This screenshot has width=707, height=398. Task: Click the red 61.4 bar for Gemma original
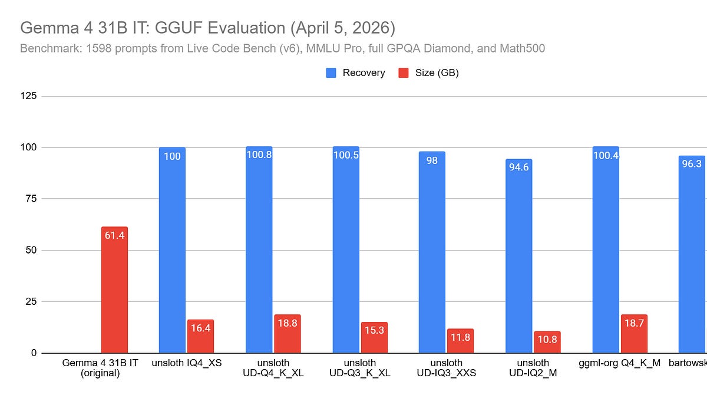pos(114,290)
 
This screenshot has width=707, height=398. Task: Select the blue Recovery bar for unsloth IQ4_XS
pos(172,250)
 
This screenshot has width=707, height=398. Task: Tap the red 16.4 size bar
pos(200,336)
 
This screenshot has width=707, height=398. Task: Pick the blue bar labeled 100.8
pos(259,250)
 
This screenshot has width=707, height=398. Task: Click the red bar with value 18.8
pos(288,334)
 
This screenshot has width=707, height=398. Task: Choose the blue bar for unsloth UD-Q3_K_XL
pos(346,250)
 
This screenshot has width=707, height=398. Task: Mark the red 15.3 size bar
pos(374,337)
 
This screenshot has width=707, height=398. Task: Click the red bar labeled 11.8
pos(460,341)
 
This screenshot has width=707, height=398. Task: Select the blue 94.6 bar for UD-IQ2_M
pos(519,256)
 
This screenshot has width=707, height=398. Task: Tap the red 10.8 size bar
pos(547,342)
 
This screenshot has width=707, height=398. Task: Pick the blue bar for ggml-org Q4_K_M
pos(606,250)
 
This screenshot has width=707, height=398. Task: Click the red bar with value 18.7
pos(634,334)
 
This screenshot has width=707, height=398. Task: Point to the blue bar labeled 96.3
pos(692,254)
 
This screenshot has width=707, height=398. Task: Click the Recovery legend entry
pos(356,73)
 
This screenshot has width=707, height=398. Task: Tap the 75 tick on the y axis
pos(31,199)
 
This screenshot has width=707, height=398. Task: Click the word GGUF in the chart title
pos(190,28)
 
